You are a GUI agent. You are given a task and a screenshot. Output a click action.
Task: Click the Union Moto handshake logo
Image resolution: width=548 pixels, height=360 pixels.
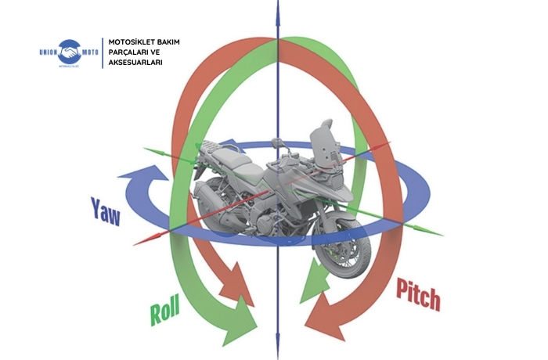point(77,52)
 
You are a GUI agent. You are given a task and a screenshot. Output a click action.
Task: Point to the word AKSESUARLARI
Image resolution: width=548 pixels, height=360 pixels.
point(137,62)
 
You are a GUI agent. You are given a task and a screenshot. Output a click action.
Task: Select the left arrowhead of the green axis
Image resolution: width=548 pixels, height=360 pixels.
point(149,147)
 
